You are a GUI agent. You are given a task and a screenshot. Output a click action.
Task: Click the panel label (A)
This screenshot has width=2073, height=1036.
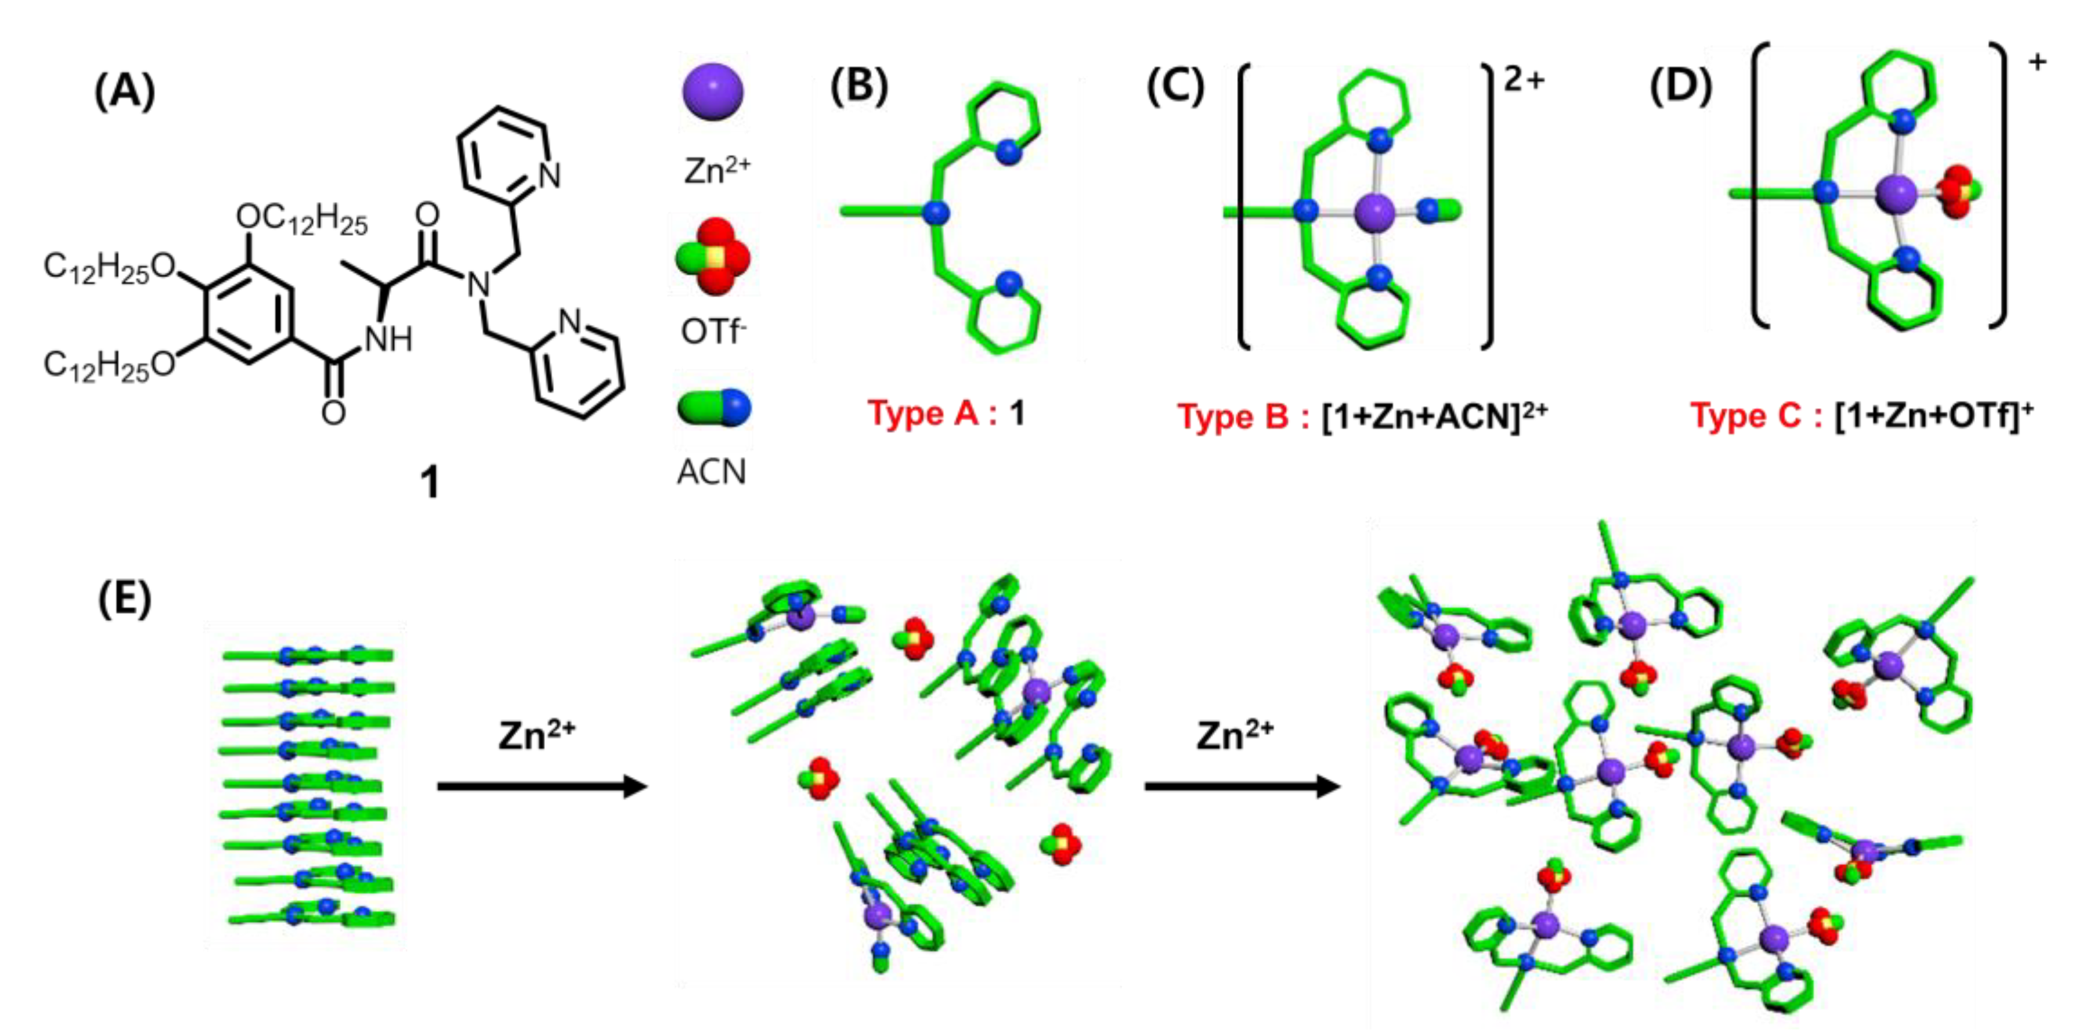124,91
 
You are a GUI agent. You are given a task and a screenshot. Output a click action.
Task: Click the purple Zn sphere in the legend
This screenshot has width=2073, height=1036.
713,92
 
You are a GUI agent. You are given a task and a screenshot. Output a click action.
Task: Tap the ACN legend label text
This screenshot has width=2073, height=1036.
711,472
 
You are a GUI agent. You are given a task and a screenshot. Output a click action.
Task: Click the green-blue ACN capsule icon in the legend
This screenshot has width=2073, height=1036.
713,407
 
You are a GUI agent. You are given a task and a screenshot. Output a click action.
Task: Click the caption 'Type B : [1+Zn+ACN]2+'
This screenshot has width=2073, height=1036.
1362,416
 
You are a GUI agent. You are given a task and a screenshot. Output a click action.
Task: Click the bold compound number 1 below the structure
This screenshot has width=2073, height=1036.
431,483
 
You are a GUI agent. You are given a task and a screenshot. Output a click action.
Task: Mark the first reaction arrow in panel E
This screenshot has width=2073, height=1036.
542,786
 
